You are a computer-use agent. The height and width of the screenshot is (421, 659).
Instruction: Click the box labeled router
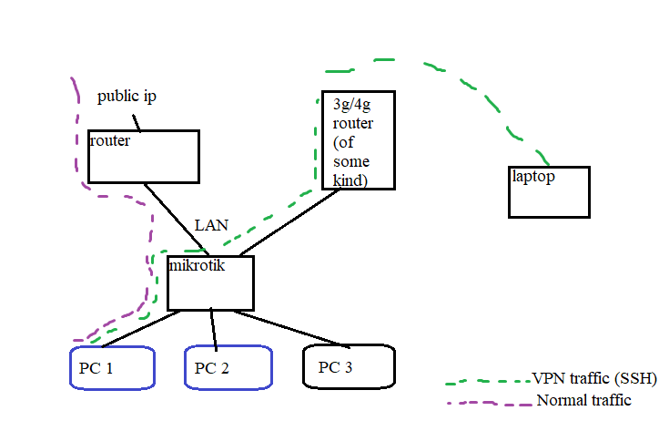(143, 156)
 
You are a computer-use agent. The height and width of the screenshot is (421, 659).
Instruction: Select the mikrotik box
(210, 283)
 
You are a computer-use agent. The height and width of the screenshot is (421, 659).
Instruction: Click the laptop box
(549, 192)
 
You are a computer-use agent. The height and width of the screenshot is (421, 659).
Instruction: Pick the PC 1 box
(112, 368)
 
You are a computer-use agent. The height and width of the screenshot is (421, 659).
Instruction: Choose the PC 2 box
(228, 368)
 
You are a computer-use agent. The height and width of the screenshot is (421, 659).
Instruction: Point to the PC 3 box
(349, 367)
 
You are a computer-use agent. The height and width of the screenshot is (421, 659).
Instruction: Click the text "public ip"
(127, 97)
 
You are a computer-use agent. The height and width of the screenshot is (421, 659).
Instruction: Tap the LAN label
(211, 224)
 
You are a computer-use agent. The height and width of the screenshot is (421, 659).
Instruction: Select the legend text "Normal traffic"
(583, 400)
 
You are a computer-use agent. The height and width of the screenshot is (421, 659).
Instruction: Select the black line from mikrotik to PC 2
(214, 329)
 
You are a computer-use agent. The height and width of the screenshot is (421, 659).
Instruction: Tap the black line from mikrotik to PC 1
(141, 329)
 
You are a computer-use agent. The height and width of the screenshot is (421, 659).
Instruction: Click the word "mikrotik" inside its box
(197, 265)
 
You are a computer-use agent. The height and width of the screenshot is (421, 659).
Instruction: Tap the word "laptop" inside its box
(533, 177)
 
